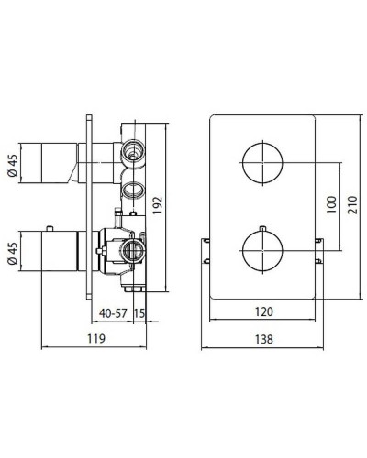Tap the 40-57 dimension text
point(115,311)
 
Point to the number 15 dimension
point(140,311)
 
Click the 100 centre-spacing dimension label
point(329,205)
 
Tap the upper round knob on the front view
point(261,163)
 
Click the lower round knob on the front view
point(261,247)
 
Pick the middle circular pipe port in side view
point(132,190)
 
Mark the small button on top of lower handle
point(67,225)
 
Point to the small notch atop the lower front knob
point(261,225)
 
